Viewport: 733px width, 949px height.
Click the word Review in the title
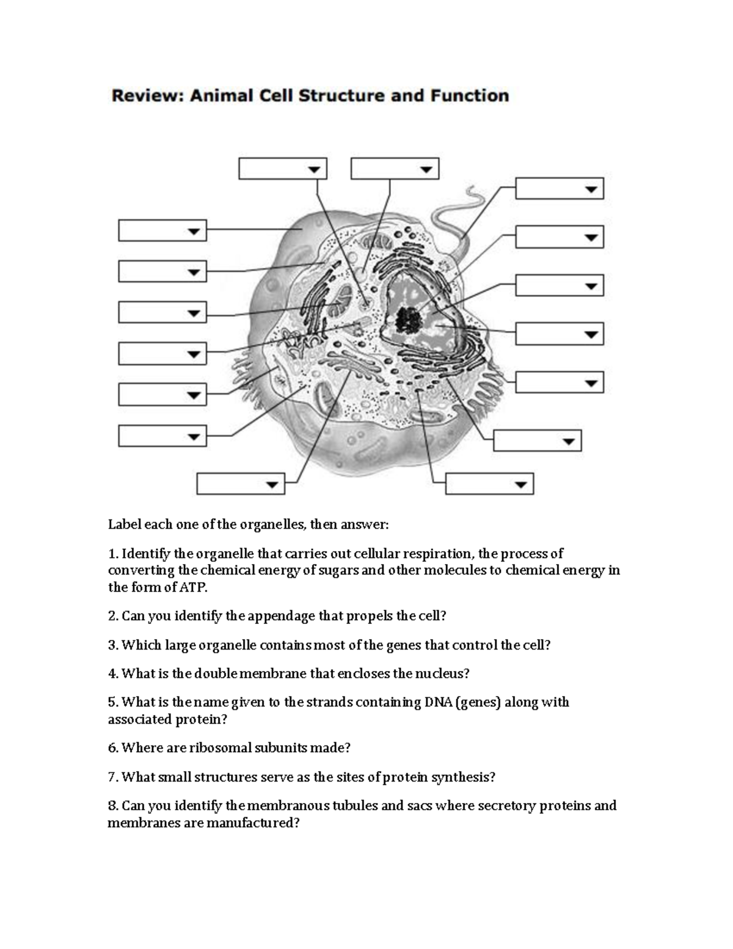pos(147,96)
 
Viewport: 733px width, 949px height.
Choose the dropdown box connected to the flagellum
pos(559,189)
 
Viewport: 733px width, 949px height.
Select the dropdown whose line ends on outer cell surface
pos(162,231)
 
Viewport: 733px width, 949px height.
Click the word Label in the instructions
pos(124,525)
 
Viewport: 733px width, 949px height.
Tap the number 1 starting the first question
pos(111,554)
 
